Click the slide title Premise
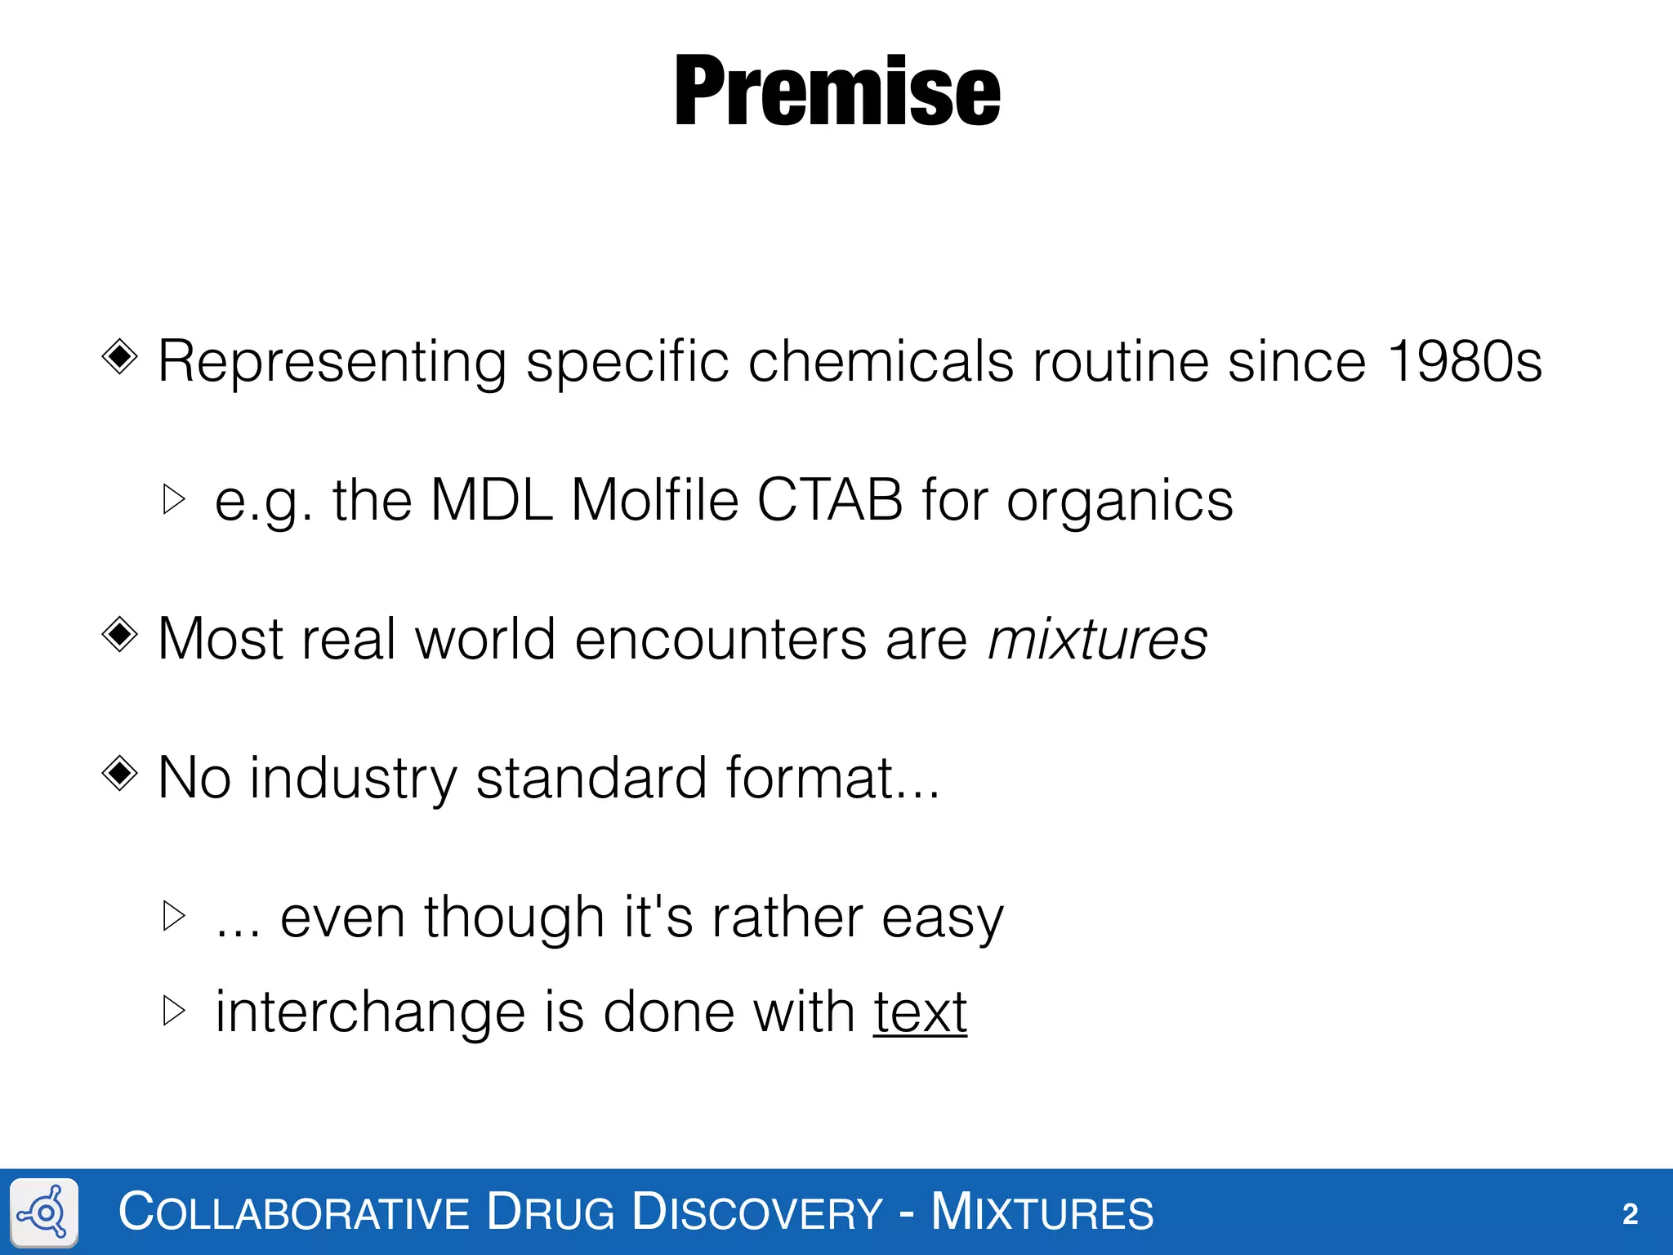(x=836, y=91)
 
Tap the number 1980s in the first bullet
(x=1465, y=360)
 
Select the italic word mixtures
(x=1097, y=638)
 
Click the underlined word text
(x=920, y=1012)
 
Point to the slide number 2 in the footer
(x=1630, y=1214)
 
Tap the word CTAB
(x=830, y=499)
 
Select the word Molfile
(x=654, y=499)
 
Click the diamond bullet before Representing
(x=120, y=356)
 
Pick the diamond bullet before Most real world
(x=120, y=634)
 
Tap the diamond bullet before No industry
(x=120, y=773)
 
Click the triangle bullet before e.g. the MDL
(x=174, y=498)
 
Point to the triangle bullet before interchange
(x=174, y=1011)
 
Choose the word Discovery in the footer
(x=757, y=1212)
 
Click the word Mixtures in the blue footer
(x=1042, y=1212)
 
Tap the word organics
(x=1119, y=501)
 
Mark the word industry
(x=353, y=779)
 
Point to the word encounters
(x=721, y=638)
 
